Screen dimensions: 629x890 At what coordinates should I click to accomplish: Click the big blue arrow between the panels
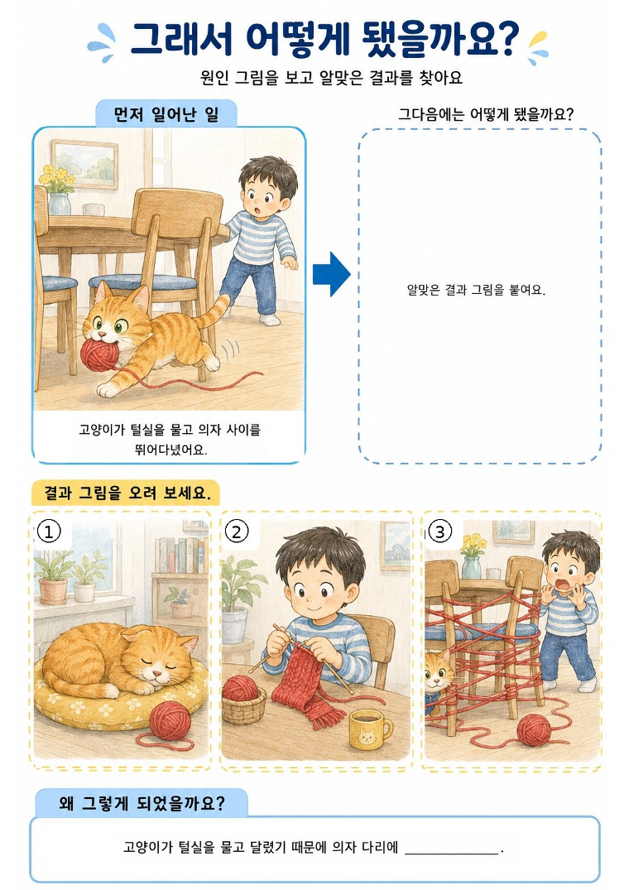click(x=332, y=274)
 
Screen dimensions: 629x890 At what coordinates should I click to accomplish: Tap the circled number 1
click(x=49, y=532)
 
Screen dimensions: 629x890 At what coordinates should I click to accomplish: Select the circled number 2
click(x=237, y=532)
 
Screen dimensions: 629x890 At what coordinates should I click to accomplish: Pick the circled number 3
click(x=439, y=532)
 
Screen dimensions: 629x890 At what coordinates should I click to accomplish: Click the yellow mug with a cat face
click(x=369, y=730)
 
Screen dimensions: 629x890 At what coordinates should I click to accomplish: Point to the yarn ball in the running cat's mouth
click(x=100, y=354)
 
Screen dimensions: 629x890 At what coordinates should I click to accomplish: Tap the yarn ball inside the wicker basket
click(x=241, y=689)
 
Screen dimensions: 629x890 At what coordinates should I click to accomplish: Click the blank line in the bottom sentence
click(x=452, y=853)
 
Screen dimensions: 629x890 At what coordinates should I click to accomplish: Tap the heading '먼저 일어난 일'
click(x=166, y=114)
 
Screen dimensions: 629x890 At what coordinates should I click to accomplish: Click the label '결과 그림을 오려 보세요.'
click(x=127, y=493)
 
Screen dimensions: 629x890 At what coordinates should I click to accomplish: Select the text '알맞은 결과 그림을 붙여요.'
click(x=476, y=290)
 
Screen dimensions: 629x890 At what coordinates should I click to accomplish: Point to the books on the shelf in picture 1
click(x=180, y=556)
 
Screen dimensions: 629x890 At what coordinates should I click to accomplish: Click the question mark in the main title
click(x=507, y=39)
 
